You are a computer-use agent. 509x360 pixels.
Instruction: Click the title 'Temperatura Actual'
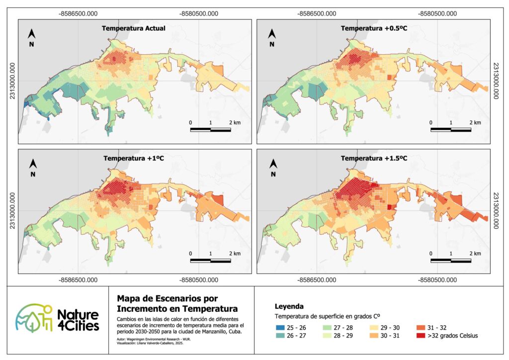[134, 28]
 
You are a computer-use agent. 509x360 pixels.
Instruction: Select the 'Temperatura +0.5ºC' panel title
[373, 28]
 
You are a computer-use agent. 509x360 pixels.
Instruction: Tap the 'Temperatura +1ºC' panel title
[134, 159]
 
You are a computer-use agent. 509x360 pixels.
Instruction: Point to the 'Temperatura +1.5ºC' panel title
[373, 159]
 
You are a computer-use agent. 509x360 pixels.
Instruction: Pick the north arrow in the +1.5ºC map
[272, 165]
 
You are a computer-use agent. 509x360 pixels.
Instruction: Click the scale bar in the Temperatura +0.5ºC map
[451, 130]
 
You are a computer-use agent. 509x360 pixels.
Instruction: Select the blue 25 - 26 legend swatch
[282, 327]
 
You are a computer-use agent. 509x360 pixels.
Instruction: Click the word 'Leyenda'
[289, 306]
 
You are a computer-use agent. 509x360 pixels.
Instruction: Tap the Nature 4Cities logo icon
[34, 319]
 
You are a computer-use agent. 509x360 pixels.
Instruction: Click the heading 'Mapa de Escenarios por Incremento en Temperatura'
[176, 303]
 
